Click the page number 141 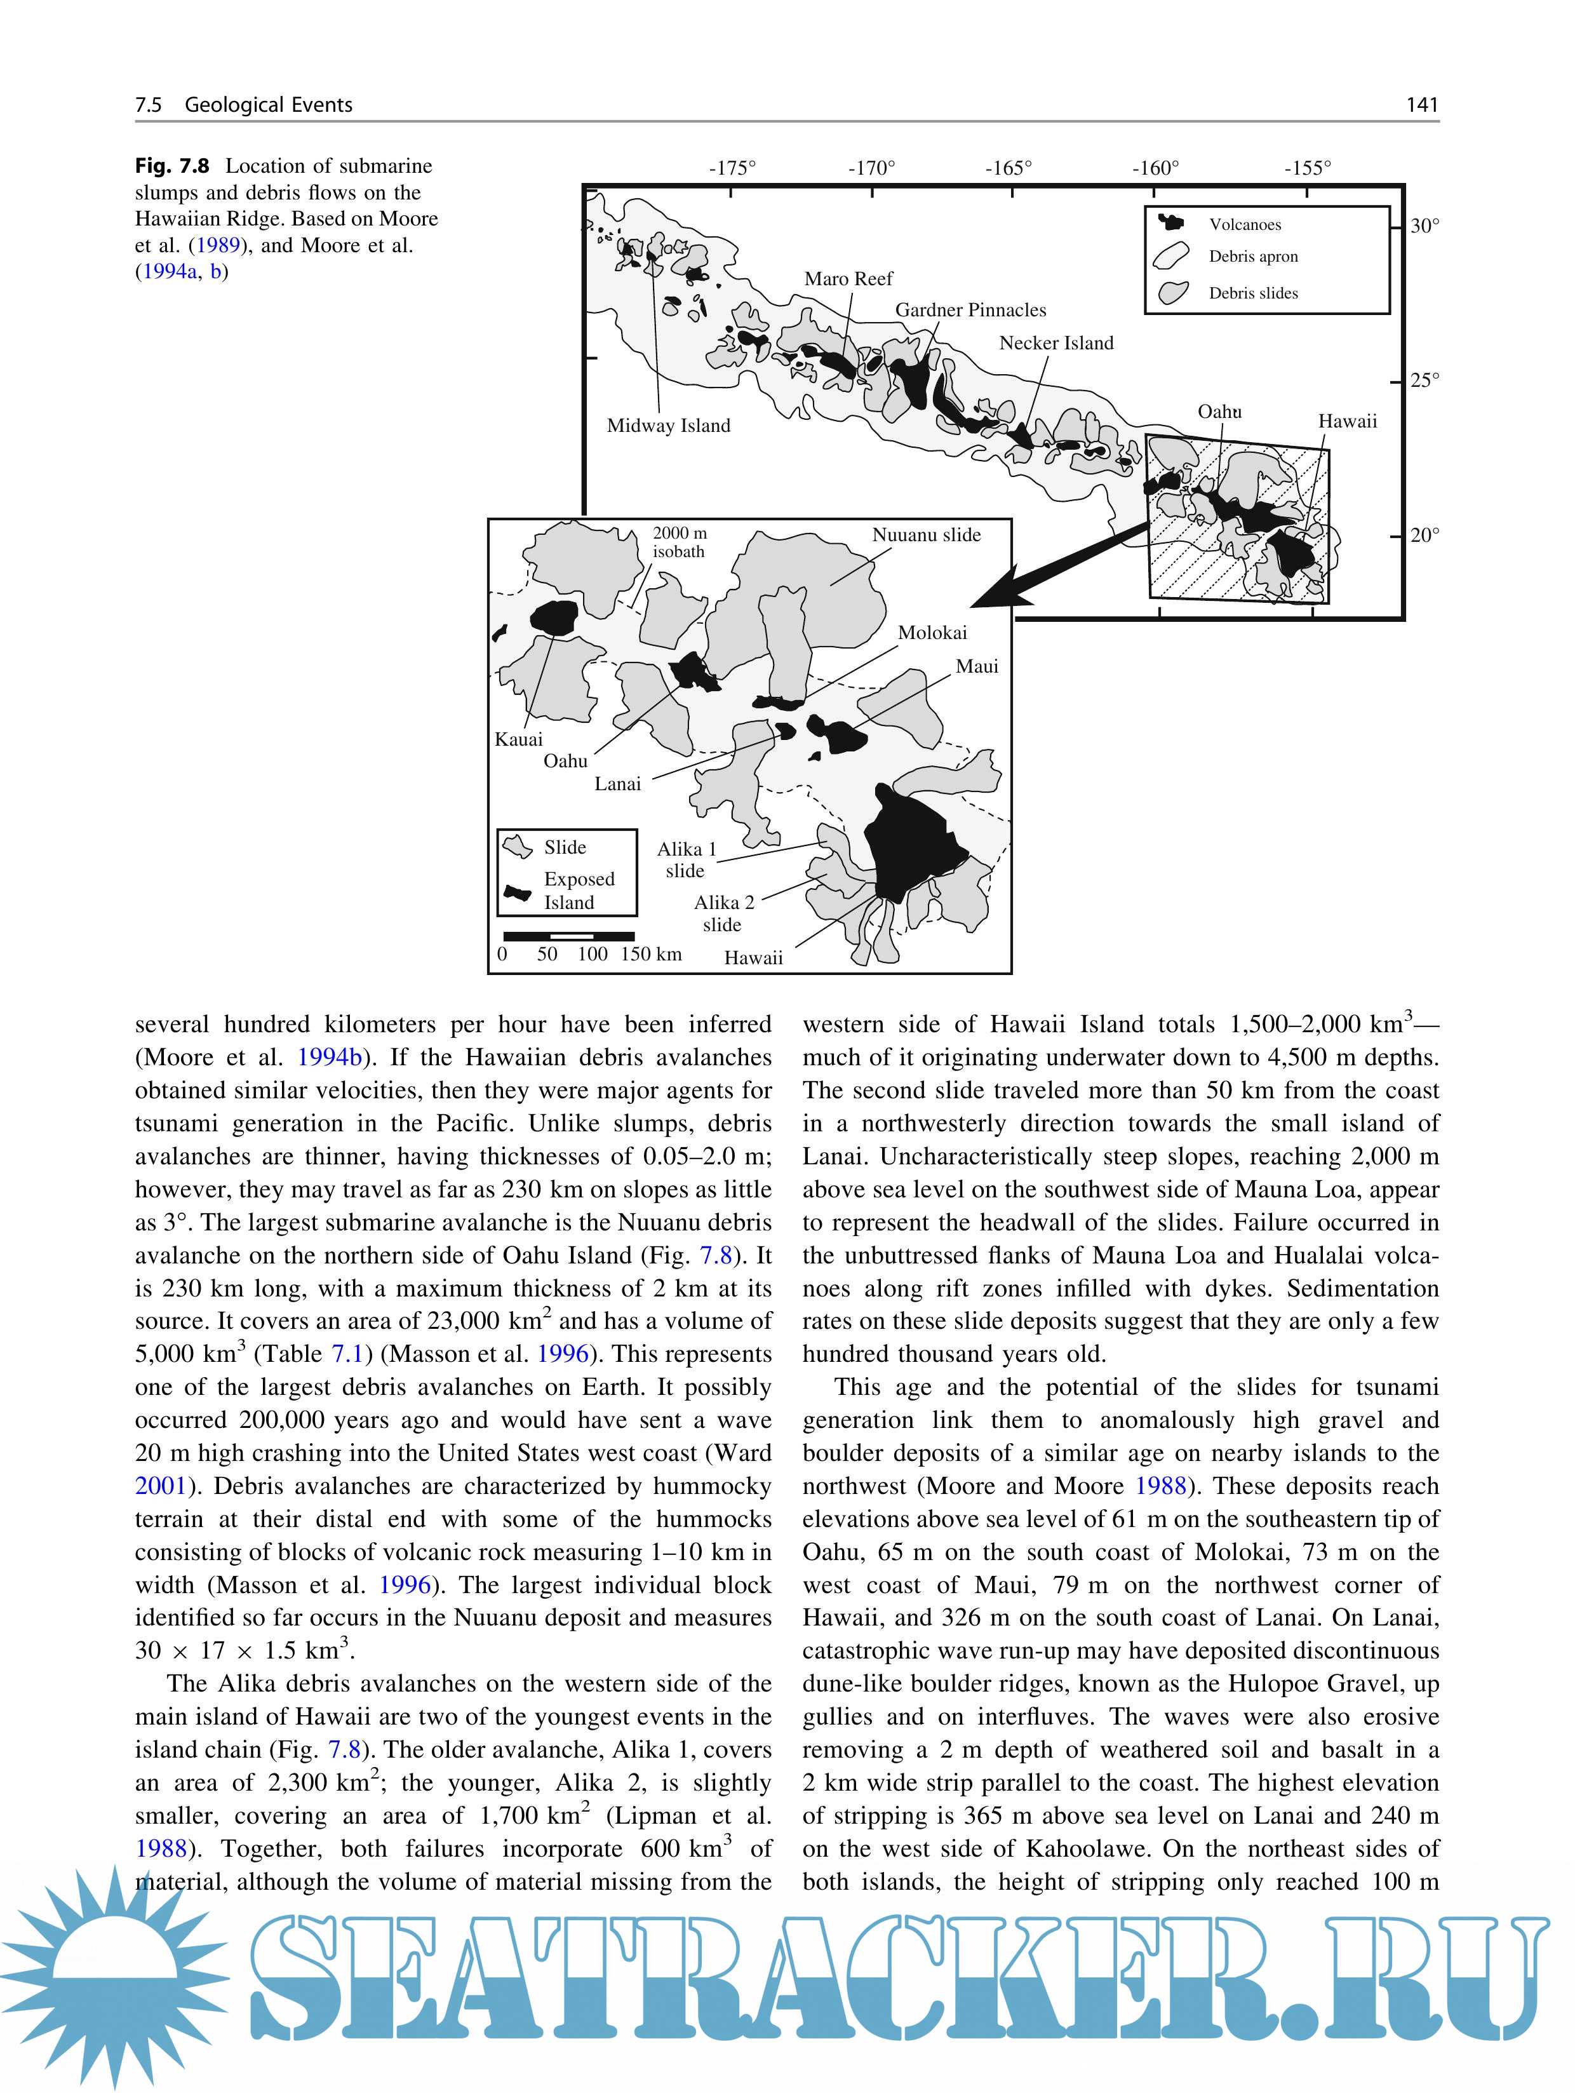coord(1422,105)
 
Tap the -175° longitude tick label coord(732,168)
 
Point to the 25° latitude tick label coord(1424,380)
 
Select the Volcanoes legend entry coord(1244,224)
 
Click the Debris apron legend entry coord(1252,257)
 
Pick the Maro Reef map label coord(848,279)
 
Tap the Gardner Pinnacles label coord(970,311)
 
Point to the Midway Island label coord(669,426)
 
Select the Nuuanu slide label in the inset coord(926,535)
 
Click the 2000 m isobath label coord(679,542)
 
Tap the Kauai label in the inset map coord(518,739)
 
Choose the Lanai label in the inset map coord(618,783)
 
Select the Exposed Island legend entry coord(578,891)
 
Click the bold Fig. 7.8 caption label coord(171,166)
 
